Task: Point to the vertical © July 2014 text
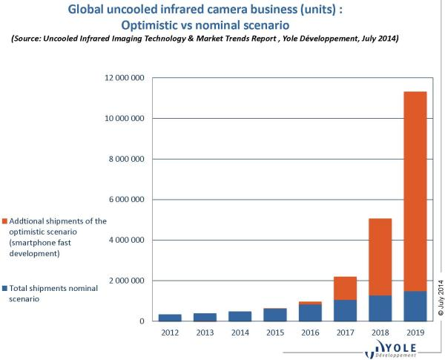click(439, 297)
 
